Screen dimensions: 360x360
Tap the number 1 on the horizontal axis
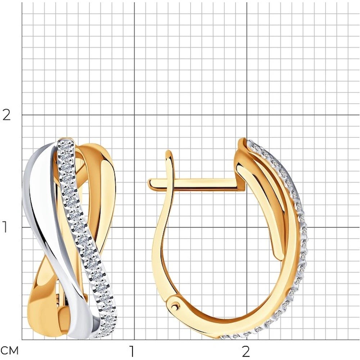(131, 350)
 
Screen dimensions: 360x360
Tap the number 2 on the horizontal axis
(246, 350)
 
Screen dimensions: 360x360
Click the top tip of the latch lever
(169, 151)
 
